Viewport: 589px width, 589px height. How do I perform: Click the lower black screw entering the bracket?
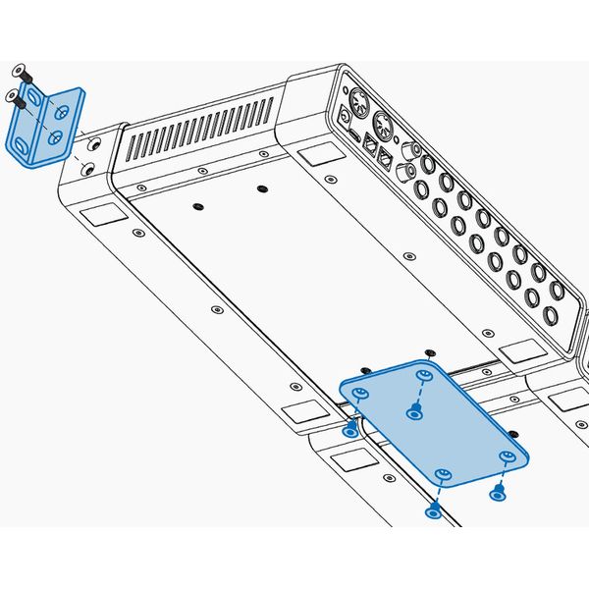point(13,96)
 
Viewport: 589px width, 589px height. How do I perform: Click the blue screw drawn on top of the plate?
point(414,411)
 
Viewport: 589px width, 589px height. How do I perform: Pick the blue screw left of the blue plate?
point(350,430)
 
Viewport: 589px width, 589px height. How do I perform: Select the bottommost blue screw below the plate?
point(433,509)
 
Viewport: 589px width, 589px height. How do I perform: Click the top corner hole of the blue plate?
point(425,375)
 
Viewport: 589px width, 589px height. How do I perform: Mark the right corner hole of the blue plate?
point(508,455)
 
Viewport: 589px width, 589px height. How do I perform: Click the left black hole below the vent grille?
point(197,205)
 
